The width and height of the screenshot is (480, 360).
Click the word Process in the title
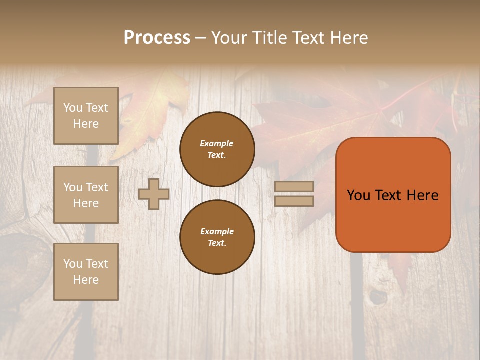click(157, 38)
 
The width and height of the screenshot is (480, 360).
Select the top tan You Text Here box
click(86, 116)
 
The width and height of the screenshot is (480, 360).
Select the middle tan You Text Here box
click(86, 195)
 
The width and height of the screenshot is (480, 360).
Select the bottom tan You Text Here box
click(86, 272)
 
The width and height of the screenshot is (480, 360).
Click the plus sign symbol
click(154, 194)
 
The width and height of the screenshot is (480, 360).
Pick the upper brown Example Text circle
click(217, 149)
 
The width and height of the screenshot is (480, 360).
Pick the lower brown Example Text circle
click(217, 237)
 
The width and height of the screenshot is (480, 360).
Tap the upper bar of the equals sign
click(294, 186)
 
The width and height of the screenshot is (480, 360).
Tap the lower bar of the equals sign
click(294, 201)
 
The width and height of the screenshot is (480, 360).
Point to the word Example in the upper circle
click(217, 143)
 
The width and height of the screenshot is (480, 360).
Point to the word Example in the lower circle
click(217, 231)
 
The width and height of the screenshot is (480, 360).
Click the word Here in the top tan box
click(86, 124)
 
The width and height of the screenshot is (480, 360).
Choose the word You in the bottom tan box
click(73, 264)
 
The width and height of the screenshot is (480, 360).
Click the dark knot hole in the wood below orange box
click(378, 298)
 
